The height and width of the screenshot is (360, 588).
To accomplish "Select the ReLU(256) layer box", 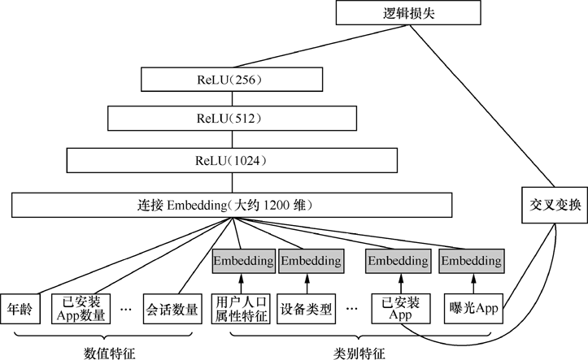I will [232, 79].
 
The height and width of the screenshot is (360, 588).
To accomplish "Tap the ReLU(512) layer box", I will [231, 119].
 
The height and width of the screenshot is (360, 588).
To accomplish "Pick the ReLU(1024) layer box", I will [231, 160].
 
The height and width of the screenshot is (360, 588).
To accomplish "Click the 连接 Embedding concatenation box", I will [232, 204].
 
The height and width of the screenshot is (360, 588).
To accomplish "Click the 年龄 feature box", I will [20, 309].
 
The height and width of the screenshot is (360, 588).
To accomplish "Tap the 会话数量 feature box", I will [172, 309].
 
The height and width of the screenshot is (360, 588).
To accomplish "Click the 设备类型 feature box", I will [306, 309].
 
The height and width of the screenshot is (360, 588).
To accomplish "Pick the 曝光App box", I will [473, 309].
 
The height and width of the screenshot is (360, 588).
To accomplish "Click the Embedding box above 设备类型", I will [307, 261].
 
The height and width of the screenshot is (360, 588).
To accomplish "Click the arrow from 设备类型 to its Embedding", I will [307, 283].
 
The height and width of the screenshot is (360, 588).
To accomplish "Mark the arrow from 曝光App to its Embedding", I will [473, 283].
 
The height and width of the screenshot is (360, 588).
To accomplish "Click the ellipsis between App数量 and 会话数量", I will [126, 310].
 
